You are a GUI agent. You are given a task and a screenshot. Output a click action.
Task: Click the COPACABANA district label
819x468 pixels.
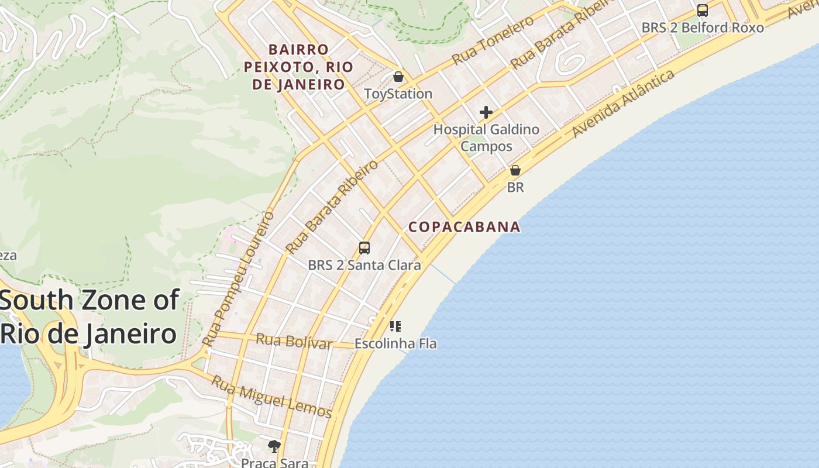[x=464, y=227]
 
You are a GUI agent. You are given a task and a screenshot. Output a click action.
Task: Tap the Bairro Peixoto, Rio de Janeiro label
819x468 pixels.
[x=298, y=67]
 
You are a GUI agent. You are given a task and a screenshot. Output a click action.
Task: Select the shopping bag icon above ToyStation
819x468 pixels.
[x=398, y=77]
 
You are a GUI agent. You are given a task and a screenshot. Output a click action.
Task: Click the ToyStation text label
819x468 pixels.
[x=398, y=94]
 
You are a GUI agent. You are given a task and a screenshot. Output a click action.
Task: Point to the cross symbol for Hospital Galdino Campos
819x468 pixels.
[x=486, y=112]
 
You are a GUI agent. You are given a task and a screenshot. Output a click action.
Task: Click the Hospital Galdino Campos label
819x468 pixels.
[x=486, y=137]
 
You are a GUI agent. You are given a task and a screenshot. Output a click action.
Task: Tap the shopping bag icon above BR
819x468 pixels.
[x=515, y=170]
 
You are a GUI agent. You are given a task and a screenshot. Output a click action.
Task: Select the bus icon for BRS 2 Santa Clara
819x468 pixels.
[x=364, y=248]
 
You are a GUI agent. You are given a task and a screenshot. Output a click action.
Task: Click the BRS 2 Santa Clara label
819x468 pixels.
[x=364, y=265]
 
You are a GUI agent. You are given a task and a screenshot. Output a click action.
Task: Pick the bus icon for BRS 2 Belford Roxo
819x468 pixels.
[x=703, y=11]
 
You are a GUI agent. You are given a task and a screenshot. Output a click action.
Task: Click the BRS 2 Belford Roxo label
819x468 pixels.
[x=703, y=27]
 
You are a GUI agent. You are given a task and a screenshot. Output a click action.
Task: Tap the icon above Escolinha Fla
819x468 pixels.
[x=395, y=326]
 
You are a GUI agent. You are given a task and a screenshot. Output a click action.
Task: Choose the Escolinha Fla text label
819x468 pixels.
[x=395, y=343]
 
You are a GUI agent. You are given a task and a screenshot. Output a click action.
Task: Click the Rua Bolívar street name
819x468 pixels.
[x=294, y=341]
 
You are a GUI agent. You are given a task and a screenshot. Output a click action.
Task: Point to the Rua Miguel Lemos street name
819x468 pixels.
[x=271, y=397]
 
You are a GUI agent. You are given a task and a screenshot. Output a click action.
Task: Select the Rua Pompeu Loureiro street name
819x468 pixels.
[x=238, y=278]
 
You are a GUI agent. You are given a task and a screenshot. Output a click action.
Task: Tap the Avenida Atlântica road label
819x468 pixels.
[x=623, y=104]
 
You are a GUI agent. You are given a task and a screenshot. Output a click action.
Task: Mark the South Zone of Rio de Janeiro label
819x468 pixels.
[x=89, y=317]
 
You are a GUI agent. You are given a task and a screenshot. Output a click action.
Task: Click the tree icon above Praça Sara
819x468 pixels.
[x=274, y=446]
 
